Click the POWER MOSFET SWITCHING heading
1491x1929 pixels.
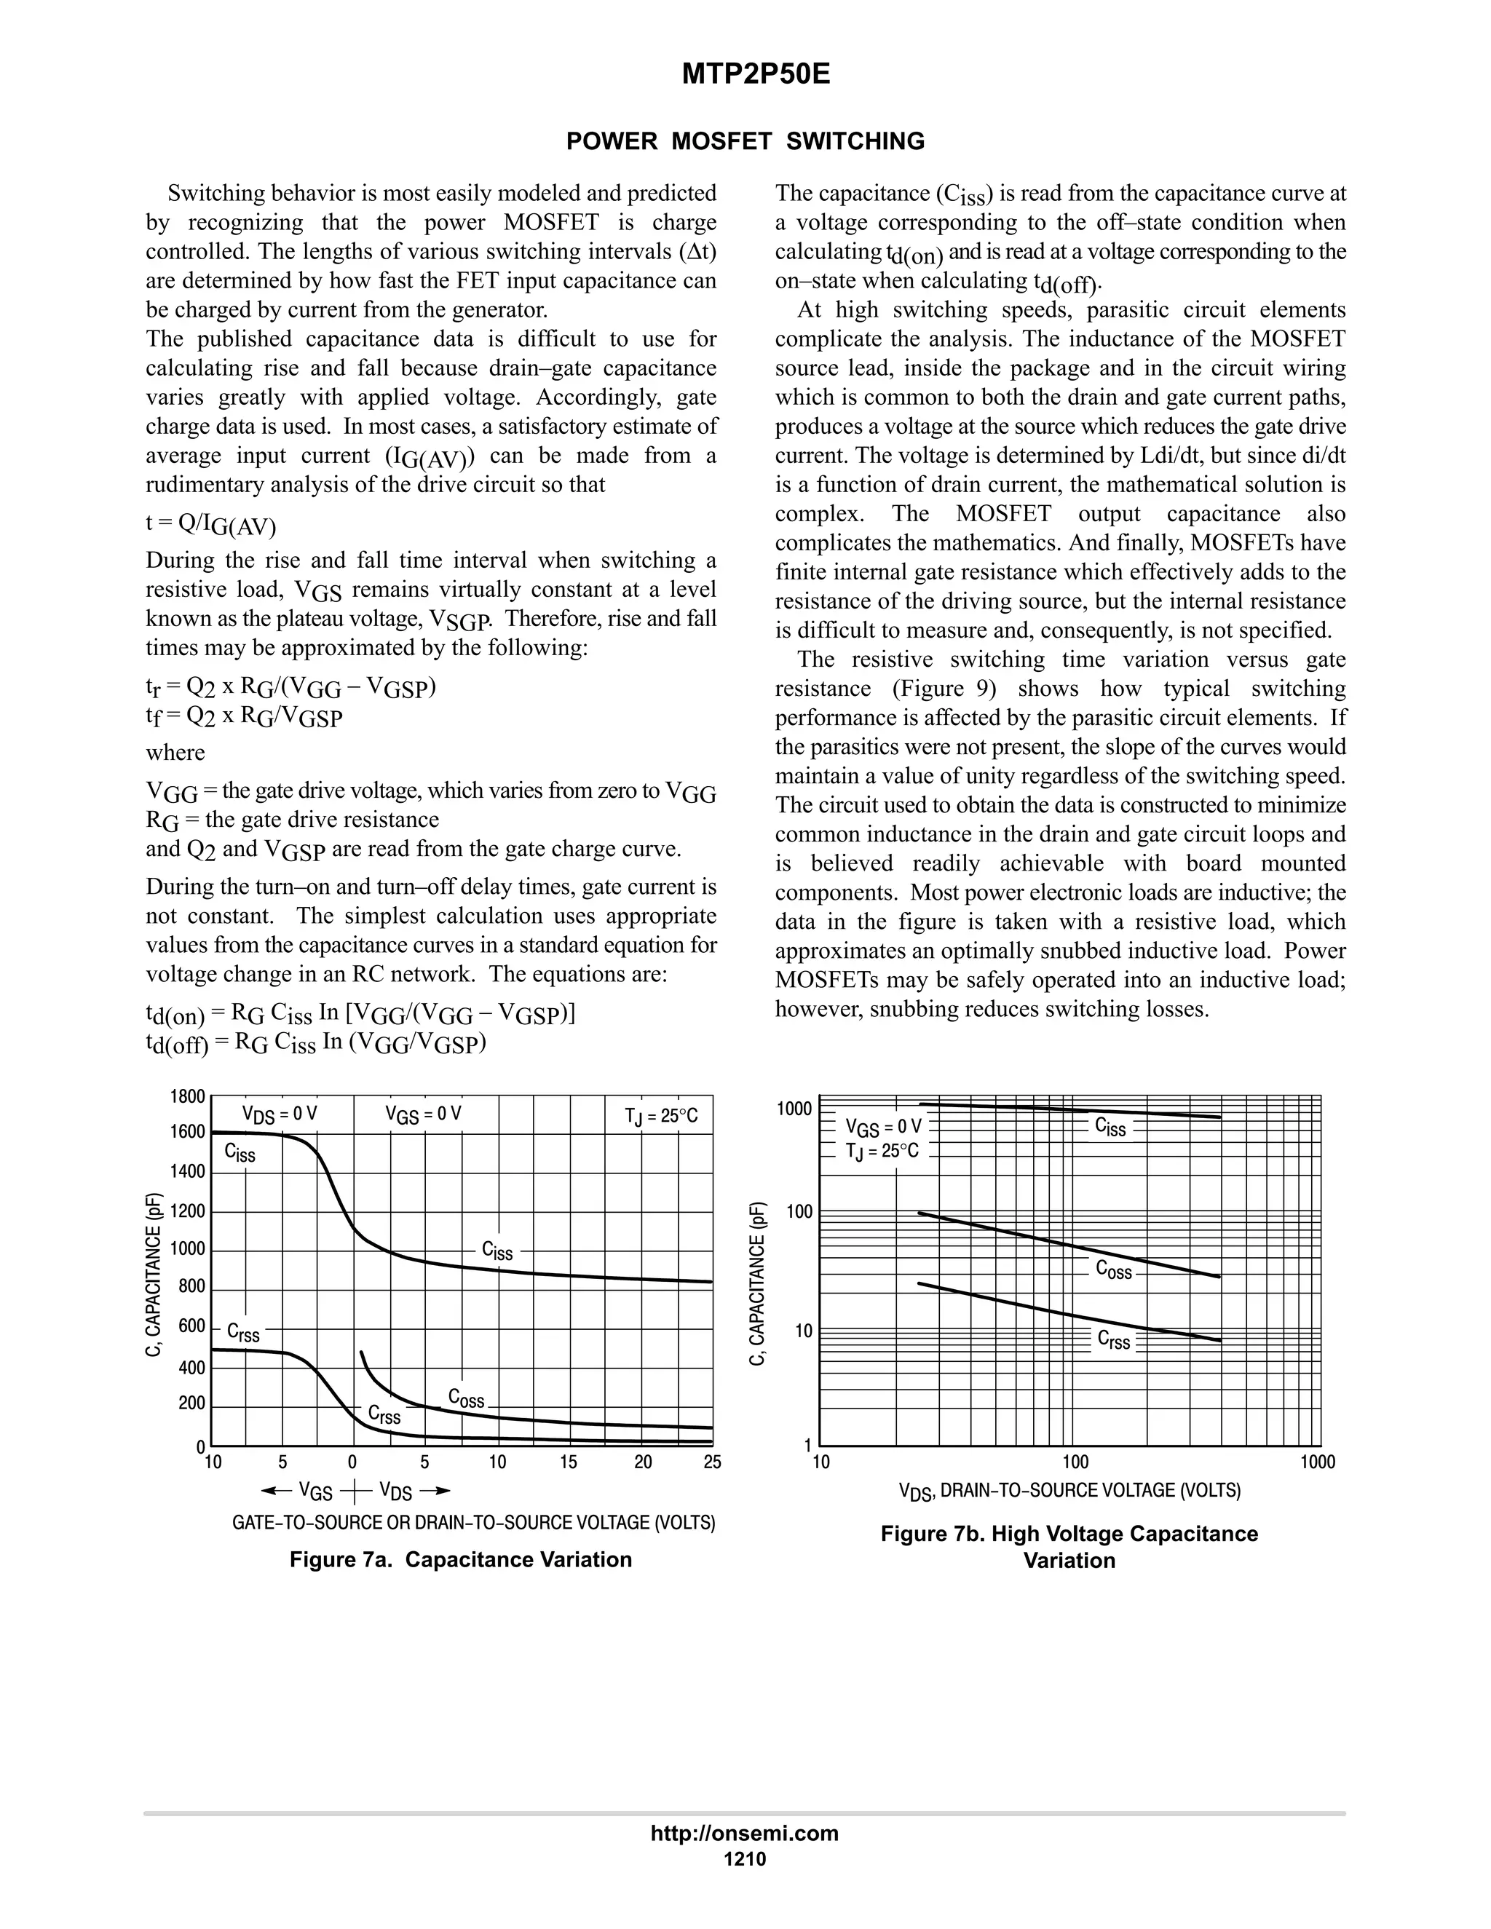point(745,141)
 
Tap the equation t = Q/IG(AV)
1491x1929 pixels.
point(210,525)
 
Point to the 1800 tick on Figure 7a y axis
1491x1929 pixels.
point(187,1097)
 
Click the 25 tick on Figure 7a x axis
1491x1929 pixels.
point(712,1462)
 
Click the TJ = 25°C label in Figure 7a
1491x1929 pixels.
point(661,1117)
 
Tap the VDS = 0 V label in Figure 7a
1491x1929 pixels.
point(279,1114)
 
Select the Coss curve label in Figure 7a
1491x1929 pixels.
point(467,1398)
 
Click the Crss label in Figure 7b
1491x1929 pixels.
point(1114,1340)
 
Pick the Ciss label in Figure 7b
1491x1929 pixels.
point(1110,1126)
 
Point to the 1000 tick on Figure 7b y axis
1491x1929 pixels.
point(794,1109)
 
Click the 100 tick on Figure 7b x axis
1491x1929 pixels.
point(1075,1462)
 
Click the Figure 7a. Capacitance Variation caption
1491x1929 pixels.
point(460,1560)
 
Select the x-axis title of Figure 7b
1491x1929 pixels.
point(1069,1491)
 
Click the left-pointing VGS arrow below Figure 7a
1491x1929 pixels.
point(277,1491)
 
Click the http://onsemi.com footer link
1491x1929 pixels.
point(744,1834)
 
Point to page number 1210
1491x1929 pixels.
point(745,1860)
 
